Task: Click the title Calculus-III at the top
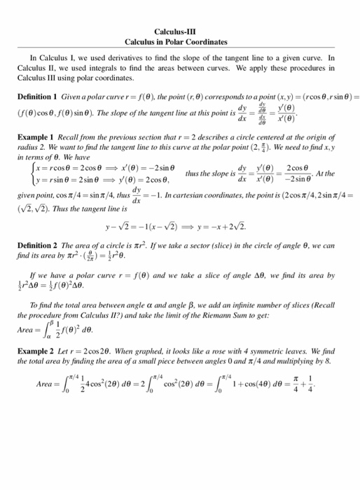click(x=180, y=31)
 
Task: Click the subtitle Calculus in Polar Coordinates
click(x=180, y=42)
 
